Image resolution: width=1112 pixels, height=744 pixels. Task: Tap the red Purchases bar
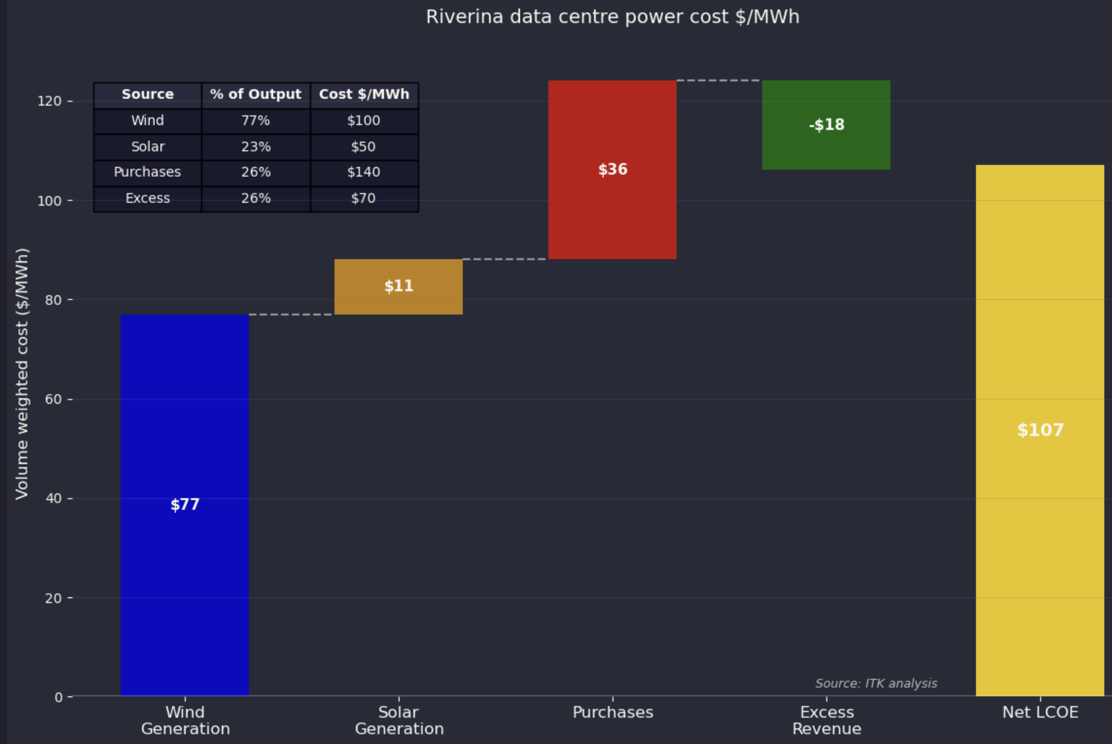[x=612, y=213]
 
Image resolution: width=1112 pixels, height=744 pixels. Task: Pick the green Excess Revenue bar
[x=826, y=147]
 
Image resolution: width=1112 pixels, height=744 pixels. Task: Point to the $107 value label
[x=1040, y=430]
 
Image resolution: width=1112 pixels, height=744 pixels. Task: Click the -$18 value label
[x=826, y=125]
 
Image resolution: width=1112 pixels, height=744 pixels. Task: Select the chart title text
[x=612, y=17]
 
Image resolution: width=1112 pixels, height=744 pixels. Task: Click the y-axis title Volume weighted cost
[x=22, y=374]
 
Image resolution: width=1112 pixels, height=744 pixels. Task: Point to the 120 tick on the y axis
[x=50, y=101]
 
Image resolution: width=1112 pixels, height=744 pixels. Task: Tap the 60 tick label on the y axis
[x=53, y=400]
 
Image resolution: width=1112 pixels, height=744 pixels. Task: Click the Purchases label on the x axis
[x=613, y=712]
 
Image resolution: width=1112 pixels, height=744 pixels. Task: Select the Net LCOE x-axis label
[x=1040, y=712]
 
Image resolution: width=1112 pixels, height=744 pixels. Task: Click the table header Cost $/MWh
[x=364, y=94]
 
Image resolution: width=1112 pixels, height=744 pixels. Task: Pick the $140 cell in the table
[x=364, y=172]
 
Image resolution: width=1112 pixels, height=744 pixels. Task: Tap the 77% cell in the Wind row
[x=256, y=121]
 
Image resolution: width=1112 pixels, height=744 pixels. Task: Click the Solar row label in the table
[x=147, y=147]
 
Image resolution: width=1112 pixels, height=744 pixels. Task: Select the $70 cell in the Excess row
[x=364, y=198]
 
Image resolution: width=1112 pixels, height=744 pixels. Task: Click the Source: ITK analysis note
[x=876, y=683]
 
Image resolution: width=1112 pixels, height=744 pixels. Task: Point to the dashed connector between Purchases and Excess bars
[x=718, y=81]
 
